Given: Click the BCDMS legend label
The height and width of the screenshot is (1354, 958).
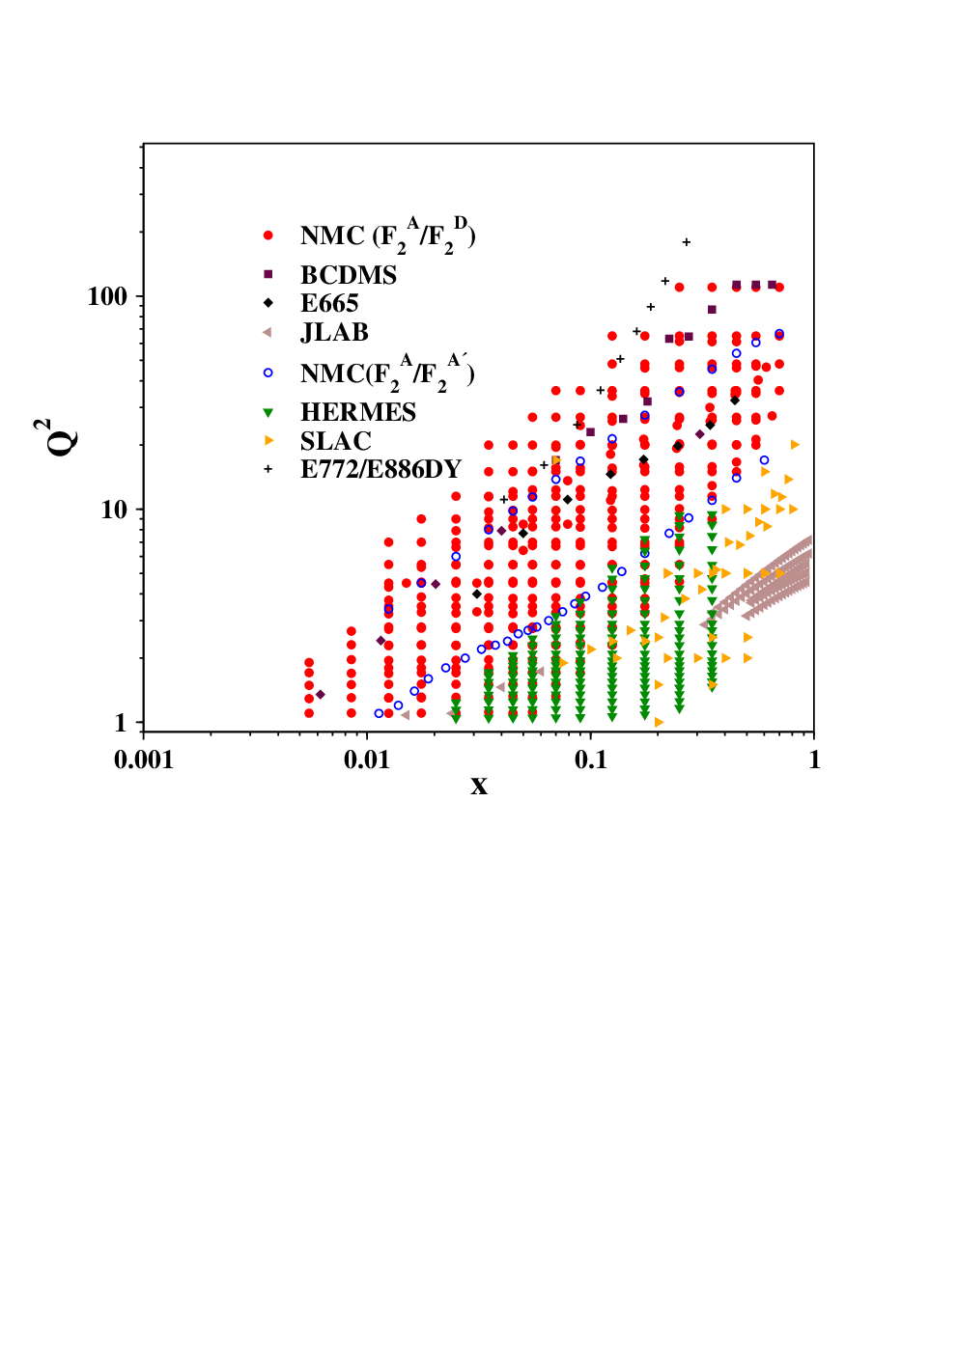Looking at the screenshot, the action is pyautogui.click(x=349, y=276).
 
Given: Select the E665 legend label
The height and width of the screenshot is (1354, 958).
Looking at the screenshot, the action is pyautogui.click(x=329, y=303).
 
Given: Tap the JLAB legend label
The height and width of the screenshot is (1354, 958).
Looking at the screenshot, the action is pyautogui.click(x=334, y=332).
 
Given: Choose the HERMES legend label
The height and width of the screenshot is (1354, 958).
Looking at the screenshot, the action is pyautogui.click(x=358, y=412).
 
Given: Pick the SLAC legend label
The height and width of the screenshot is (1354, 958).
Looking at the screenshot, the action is pyautogui.click(x=336, y=441).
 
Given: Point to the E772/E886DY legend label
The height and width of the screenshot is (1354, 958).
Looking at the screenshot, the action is pyautogui.click(x=381, y=469).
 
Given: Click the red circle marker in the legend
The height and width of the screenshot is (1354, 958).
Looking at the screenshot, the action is pyautogui.click(x=268, y=235).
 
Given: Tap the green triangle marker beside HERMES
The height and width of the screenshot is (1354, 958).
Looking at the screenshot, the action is pyautogui.click(x=268, y=413).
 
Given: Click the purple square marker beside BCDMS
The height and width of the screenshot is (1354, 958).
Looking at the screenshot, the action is pyautogui.click(x=268, y=274).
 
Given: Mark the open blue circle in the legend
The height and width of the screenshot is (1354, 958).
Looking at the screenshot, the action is pyautogui.click(x=268, y=373).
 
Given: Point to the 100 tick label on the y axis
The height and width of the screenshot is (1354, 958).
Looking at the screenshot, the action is pyautogui.click(x=107, y=297).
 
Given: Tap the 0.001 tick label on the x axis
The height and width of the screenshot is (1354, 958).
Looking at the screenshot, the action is pyautogui.click(x=143, y=760).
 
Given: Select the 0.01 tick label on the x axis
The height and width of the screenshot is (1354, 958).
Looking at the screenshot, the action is pyautogui.click(x=367, y=760).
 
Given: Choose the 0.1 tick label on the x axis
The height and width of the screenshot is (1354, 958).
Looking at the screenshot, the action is pyautogui.click(x=590, y=760).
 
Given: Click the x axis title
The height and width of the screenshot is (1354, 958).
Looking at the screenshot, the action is pyautogui.click(x=479, y=786).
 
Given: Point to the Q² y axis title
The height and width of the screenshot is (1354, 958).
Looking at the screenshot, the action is pyautogui.click(x=56, y=436).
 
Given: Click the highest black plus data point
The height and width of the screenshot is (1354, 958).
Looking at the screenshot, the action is pyautogui.click(x=687, y=242).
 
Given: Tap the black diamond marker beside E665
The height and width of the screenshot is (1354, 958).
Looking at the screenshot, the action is pyautogui.click(x=268, y=303).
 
